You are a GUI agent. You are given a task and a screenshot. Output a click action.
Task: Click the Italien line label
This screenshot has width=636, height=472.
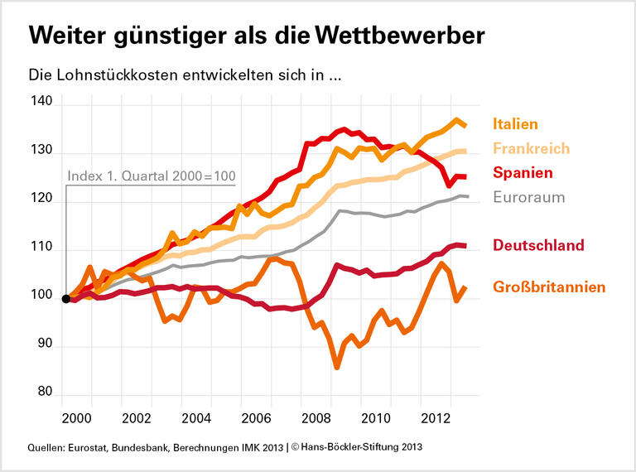[x=515, y=124]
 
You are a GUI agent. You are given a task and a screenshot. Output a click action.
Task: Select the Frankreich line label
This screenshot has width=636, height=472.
[x=531, y=148]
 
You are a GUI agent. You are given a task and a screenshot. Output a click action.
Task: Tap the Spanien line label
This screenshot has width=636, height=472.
[x=523, y=173]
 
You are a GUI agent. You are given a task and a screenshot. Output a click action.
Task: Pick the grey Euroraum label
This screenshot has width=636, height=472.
[x=528, y=197]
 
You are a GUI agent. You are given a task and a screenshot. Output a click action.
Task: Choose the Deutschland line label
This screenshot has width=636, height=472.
[x=538, y=245]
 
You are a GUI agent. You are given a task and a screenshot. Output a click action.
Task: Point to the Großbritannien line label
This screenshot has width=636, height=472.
[x=549, y=287]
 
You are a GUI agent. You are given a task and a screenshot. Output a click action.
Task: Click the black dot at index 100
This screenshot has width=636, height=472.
[x=66, y=298]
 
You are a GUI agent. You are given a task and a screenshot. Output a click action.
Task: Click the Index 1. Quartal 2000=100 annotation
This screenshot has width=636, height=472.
[x=152, y=176]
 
